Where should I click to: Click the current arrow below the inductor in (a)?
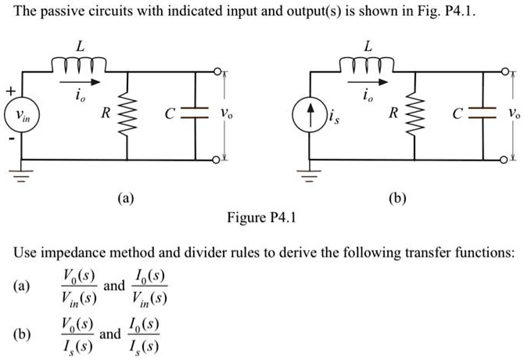(82, 81)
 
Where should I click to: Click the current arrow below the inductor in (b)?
(370, 81)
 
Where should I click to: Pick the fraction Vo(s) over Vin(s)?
(78, 286)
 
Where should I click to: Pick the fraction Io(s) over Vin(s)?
(149, 286)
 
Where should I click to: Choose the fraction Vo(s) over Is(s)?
(75, 334)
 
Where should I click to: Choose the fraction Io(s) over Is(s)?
(143, 334)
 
